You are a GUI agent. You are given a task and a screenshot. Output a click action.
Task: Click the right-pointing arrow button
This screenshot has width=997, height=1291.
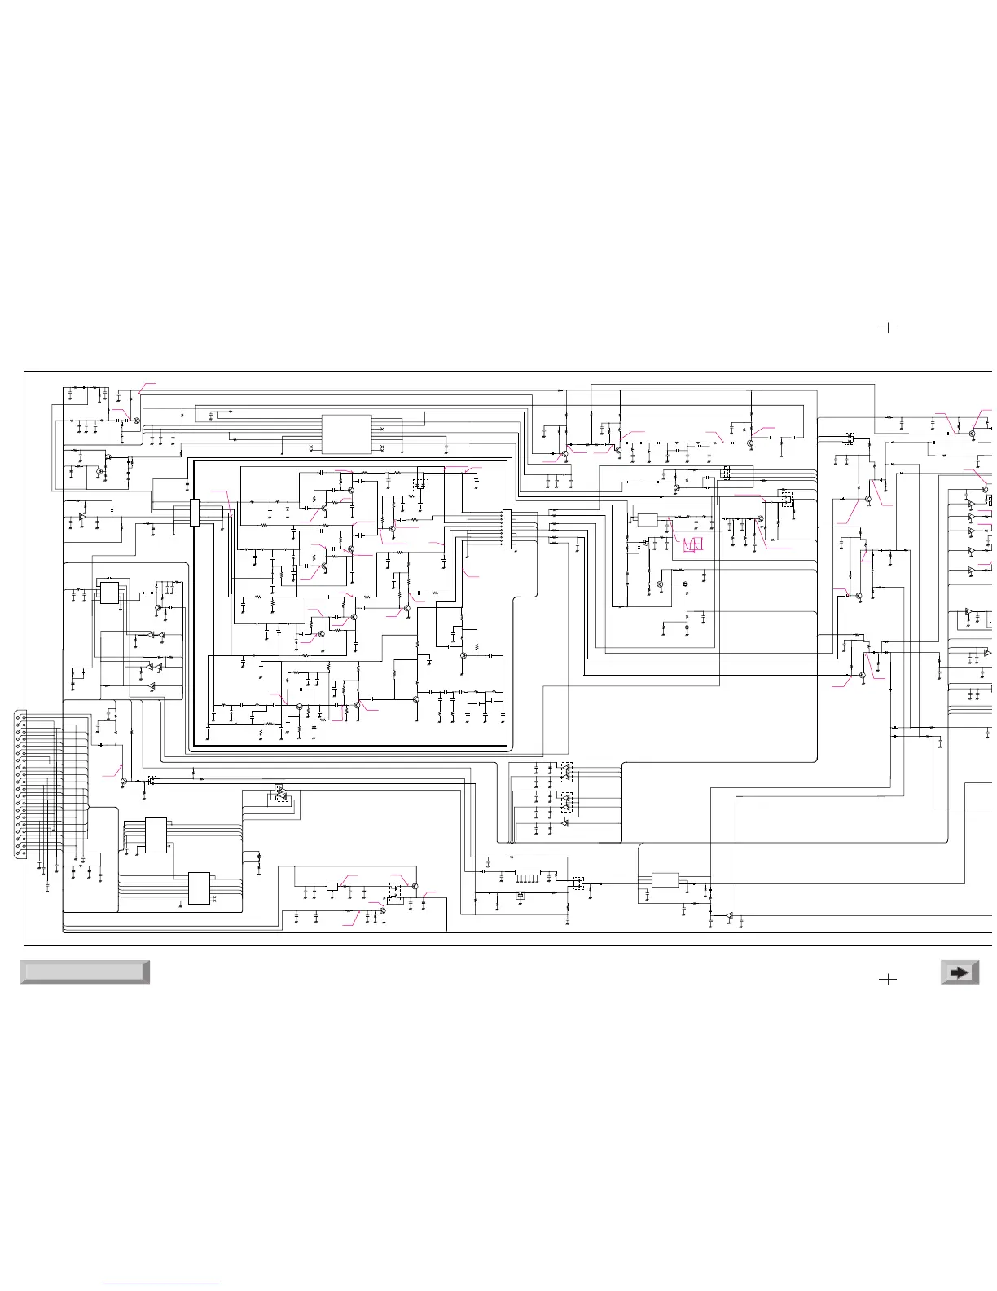point(960,972)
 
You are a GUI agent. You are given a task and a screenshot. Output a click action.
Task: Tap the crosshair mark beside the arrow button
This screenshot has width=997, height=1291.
point(888,978)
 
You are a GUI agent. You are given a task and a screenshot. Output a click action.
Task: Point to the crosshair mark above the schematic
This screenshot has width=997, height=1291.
point(888,328)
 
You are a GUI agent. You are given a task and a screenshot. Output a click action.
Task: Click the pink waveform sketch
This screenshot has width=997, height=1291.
point(692,544)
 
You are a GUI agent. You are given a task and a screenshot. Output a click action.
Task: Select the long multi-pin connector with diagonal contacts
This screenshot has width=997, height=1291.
point(20,784)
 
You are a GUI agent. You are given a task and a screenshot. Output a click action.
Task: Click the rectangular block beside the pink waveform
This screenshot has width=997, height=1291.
point(648,520)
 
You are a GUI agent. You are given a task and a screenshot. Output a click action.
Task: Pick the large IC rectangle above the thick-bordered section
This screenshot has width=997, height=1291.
point(347,434)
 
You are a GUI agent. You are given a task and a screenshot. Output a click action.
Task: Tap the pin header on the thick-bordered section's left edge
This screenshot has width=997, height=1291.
point(195,512)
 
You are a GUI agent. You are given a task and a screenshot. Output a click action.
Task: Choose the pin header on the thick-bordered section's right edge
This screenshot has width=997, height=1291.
point(507,529)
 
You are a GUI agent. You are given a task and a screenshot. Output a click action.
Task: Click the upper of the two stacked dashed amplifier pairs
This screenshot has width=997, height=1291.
point(567,771)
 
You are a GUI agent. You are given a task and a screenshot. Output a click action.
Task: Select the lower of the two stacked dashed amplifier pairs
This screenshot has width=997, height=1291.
point(567,803)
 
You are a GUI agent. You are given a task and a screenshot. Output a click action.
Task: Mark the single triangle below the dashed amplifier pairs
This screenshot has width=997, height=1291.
point(565,824)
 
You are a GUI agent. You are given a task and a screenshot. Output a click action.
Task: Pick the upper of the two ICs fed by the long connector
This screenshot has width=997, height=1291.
point(156,835)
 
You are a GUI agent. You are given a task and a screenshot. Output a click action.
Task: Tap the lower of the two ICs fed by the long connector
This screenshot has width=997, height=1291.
point(200,888)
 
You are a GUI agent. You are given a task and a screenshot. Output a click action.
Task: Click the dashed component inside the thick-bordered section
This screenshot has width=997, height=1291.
point(420,485)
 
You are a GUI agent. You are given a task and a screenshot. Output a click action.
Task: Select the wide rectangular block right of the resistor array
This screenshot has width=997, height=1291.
point(665,880)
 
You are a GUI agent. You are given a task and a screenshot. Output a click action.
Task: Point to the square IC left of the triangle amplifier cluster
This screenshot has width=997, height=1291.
point(109,593)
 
